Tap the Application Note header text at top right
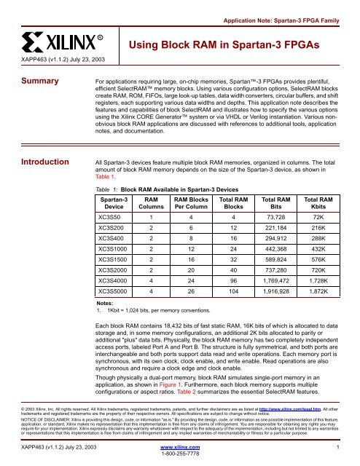[x=289, y=12]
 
